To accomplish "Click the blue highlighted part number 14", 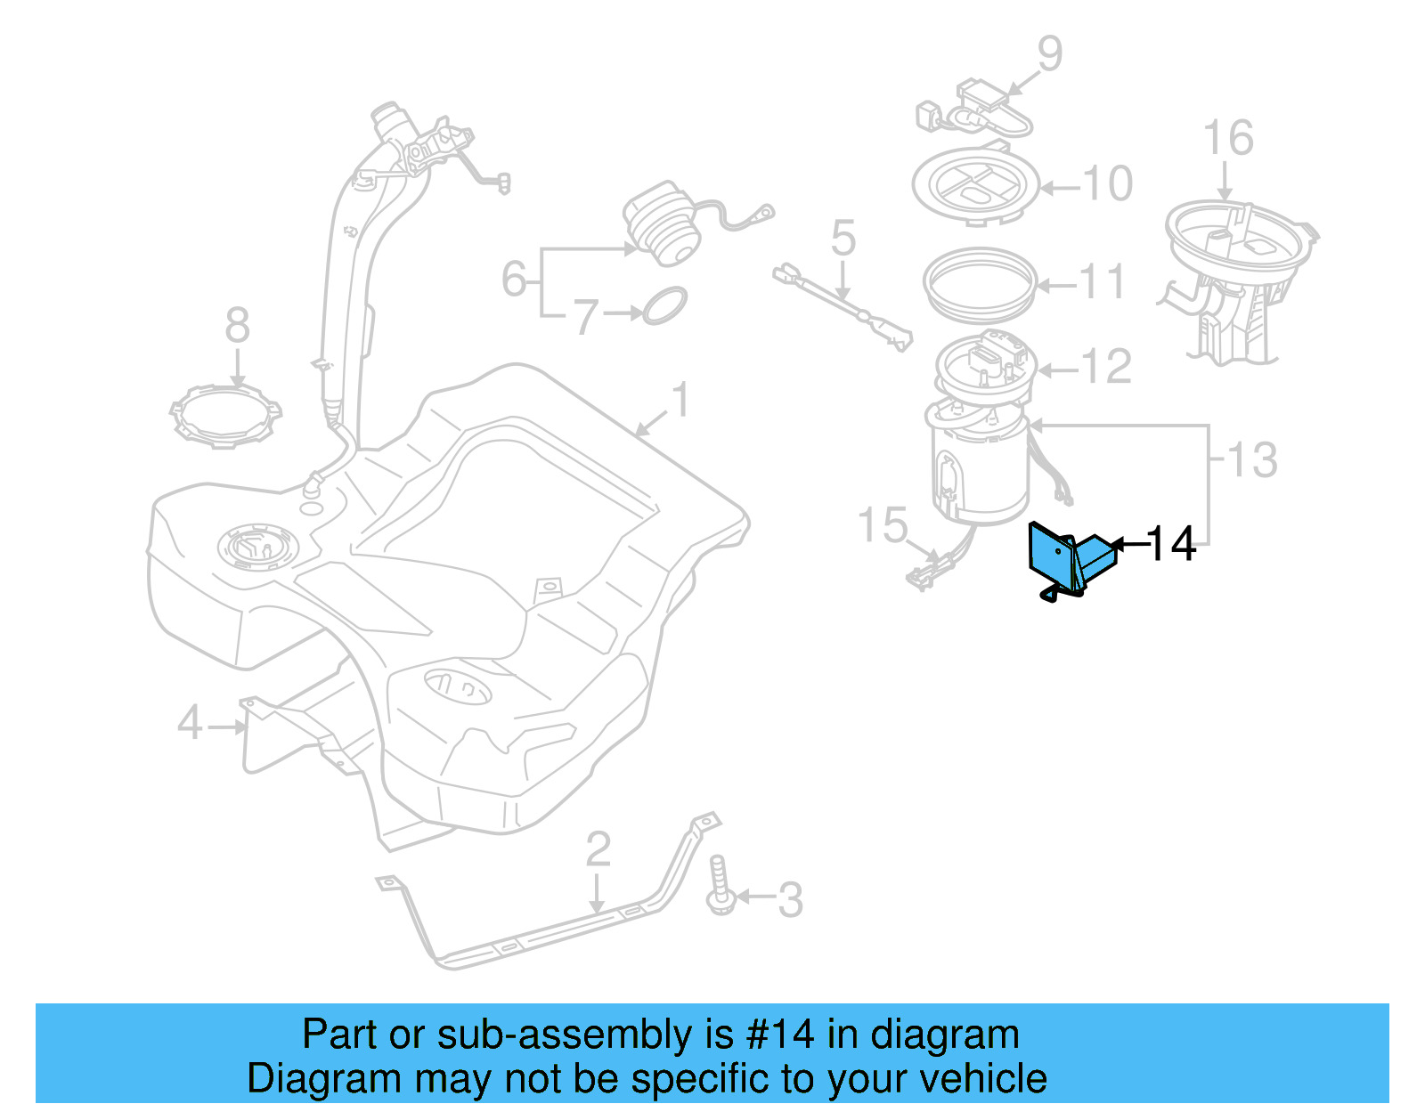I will pos(1068,560).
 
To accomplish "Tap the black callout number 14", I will pos(1171,544).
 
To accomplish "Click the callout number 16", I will pos(1227,139).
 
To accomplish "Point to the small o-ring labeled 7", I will pos(664,305).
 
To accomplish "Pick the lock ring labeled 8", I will pos(225,416).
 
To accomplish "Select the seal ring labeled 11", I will pos(981,283).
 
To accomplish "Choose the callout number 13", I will pos(1252,460).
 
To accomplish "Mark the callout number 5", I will pos(843,239).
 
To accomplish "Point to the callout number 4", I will pos(190,723).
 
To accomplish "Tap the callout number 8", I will pos(237,326).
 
